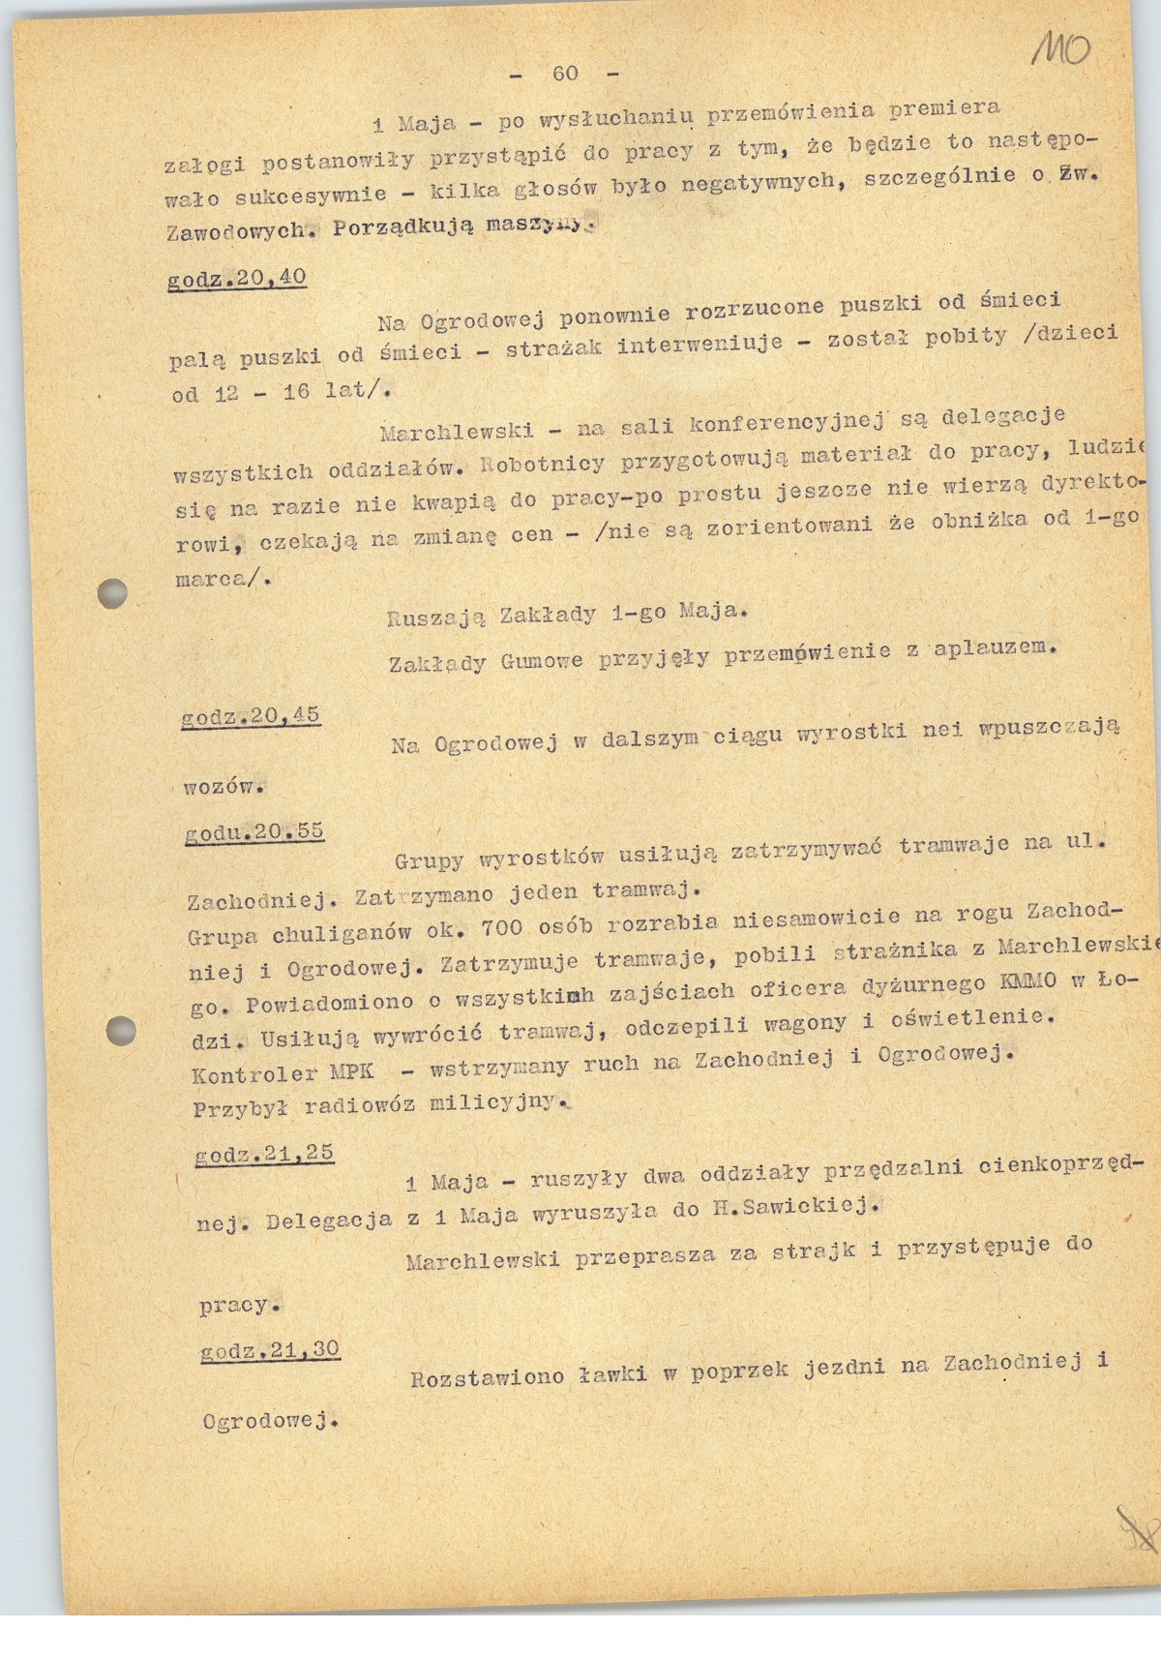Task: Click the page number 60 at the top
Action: (x=565, y=74)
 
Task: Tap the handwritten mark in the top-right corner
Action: (x=1061, y=45)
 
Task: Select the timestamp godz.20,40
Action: (x=237, y=279)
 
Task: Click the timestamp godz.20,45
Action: (x=251, y=716)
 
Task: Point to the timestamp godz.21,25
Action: (x=264, y=1154)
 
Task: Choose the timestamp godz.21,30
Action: (x=270, y=1350)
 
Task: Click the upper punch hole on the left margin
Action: (x=113, y=592)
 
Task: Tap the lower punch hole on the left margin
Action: (x=121, y=1029)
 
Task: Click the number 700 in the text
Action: (x=501, y=927)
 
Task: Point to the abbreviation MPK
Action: (x=351, y=1072)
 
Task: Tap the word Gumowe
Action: (x=542, y=661)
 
